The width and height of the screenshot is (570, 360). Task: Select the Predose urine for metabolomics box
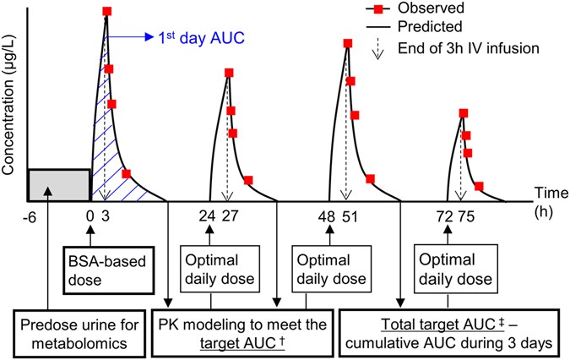click(77, 330)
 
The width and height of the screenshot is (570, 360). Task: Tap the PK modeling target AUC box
click(245, 330)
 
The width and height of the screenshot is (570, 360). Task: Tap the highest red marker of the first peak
click(106, 12)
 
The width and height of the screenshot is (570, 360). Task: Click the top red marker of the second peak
click(228, 72)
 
